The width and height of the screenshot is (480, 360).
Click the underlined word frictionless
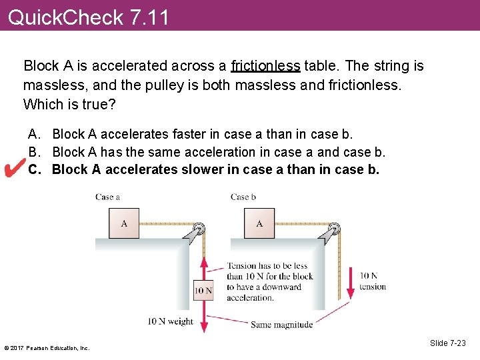point(266,66)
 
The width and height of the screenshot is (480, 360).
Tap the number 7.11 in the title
point(150,16)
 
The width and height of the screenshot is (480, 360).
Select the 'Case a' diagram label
point(107,197)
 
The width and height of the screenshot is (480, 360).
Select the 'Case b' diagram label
point(243,197)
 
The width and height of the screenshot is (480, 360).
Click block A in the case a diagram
point(124,223)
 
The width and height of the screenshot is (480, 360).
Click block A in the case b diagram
point(259,223)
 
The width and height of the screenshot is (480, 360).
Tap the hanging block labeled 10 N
point(203,289)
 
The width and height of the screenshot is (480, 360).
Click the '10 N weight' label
point(170,321)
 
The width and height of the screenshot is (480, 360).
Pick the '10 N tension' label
point(373,281)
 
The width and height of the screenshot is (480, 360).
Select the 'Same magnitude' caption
point(281,325)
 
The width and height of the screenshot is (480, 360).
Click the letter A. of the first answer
point(34,135)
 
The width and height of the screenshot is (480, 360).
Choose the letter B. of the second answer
point(34,152)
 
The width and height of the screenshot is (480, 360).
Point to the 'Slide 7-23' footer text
point(448,343)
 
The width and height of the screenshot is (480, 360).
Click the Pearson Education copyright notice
point(47,347)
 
